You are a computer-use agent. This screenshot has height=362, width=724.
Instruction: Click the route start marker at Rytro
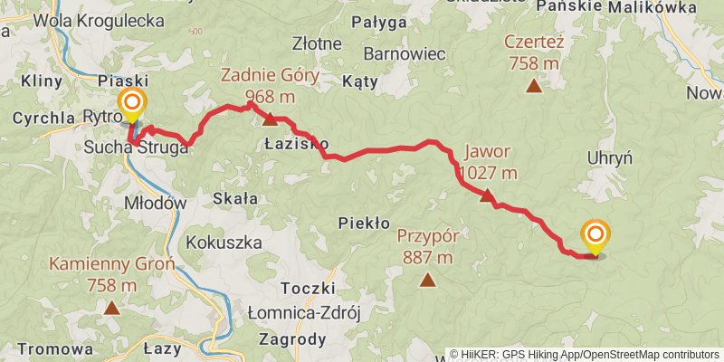133,103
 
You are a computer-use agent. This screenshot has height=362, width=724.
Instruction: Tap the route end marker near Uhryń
595,236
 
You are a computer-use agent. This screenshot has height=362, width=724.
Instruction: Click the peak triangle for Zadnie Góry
269,119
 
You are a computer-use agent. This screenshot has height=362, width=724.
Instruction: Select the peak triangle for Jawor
487,195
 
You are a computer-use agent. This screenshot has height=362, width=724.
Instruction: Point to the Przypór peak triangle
427,280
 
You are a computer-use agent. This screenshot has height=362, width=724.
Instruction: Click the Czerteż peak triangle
534,87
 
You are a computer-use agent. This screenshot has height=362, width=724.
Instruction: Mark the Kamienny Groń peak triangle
111,308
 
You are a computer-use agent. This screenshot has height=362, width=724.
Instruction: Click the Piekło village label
363,222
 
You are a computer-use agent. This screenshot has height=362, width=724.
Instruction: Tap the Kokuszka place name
223,243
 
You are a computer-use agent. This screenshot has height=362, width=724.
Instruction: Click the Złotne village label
317,43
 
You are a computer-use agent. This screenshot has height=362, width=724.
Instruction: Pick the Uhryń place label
609,157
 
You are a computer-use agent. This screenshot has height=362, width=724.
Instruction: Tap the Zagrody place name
291,340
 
